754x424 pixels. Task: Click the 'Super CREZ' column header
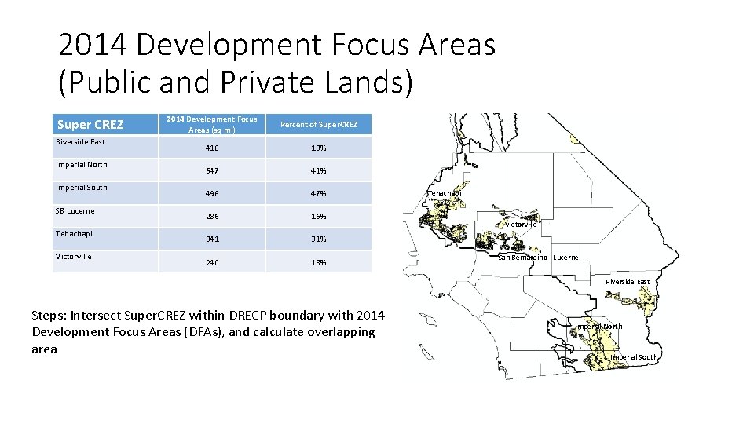click(90, 125)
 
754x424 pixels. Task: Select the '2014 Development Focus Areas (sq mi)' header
click(211, 124)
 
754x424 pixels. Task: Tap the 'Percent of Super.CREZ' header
click(319, 125)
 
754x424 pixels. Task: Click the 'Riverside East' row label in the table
click(80, 142)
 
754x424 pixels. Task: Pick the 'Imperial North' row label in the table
click(81, 165)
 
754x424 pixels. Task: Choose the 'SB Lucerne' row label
click(75, 211)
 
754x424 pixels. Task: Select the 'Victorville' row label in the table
click(73, 257)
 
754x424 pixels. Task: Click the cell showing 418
click(212, 148)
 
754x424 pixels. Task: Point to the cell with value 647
click(212, 170)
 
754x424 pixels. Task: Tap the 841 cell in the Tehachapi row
click(212, 239)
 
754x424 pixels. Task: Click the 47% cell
click(318, 194)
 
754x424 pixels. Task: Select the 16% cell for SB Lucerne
click(318, 217)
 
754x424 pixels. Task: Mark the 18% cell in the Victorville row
click(318, 263)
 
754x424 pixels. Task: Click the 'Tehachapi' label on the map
click(445, 193)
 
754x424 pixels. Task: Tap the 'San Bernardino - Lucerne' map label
click(538, 258)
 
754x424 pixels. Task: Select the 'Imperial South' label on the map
click(634, 357)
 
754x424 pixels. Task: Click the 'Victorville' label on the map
click(521, 225)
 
